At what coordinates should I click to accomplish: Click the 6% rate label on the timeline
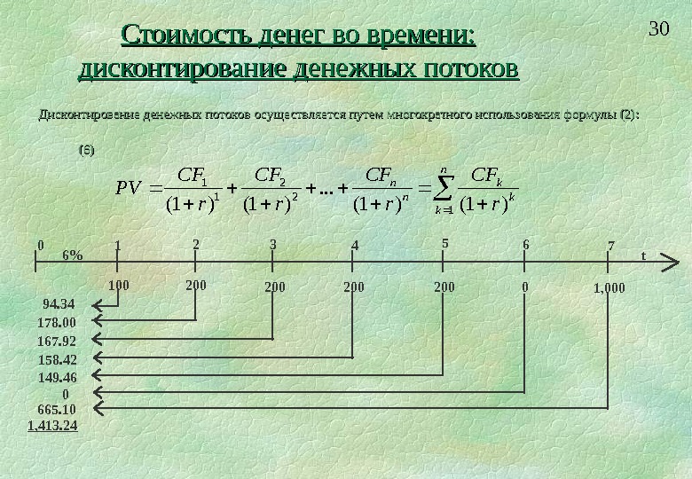[72, 255]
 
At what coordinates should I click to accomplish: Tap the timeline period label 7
[611, 244]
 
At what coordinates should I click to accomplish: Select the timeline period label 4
[355, 244]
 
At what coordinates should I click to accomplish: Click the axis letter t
[643, 255]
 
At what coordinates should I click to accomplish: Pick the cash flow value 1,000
[609, 288]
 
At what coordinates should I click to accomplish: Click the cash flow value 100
[118, 287]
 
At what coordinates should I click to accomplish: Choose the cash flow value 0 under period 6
[525, 287]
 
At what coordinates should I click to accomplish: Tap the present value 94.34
[59, 306]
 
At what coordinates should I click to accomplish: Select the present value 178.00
[58, 323]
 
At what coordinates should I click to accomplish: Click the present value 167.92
[58, 341]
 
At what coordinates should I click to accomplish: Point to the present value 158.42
[58, 359]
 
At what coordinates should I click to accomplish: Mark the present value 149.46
[58, 377]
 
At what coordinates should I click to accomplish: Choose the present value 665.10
[58, 409]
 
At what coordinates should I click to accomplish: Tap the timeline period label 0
[39, 242]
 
